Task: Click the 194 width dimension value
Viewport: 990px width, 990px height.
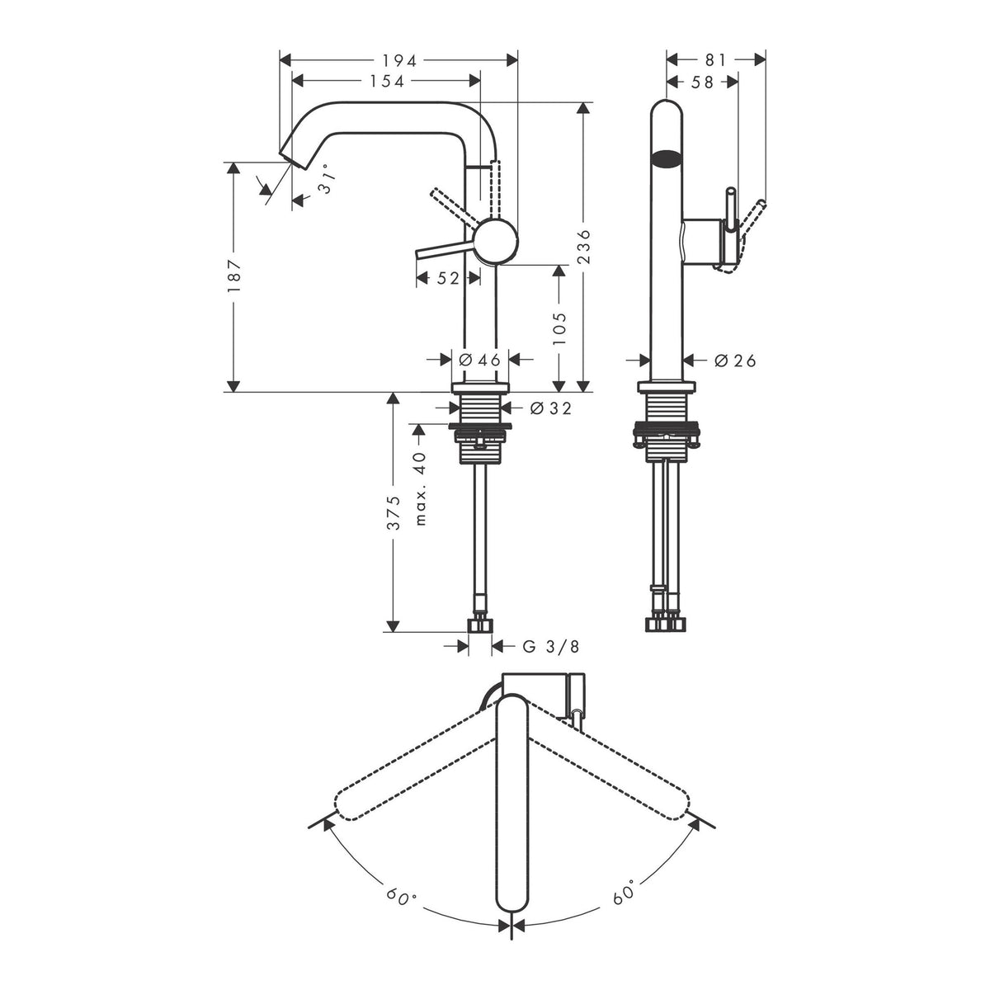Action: click(398, 60)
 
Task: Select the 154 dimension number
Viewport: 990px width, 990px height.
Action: click(386, 81)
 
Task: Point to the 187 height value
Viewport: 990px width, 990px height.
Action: click(233, 276)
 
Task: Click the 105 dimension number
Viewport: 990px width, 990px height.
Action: click(559, 328)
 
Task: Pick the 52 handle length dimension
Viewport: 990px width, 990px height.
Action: click(447, 279)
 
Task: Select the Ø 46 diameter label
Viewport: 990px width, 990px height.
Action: click(479, 361)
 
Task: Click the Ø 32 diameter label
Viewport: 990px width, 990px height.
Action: click(550, 408)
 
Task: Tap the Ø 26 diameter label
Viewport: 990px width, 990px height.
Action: click(735, 361)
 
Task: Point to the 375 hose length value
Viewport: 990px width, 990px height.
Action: click(393, 512)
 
